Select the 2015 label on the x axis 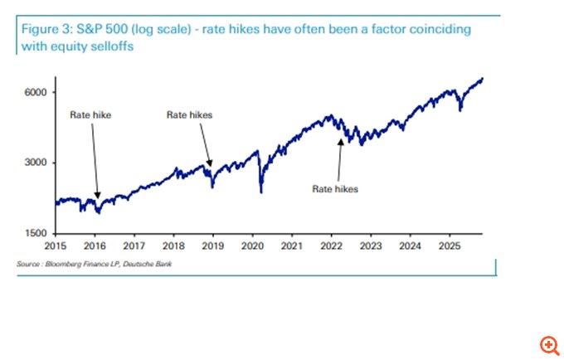(x=56, y=246)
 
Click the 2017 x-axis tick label (x=134, y=246)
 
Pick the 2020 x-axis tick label (x=252, y=246)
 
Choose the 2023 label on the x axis (x=371, y=246)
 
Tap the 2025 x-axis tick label (x=450, y=246)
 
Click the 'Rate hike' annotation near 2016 (x=90, y=115)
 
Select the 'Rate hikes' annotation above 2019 (x=190, y=115)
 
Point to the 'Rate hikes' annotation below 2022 (x=335, y=189)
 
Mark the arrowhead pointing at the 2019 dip (x=211, y=164)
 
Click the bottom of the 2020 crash (x=261, y=192)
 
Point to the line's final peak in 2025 (x=483, y=79)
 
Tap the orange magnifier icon (x=548, y=344)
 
